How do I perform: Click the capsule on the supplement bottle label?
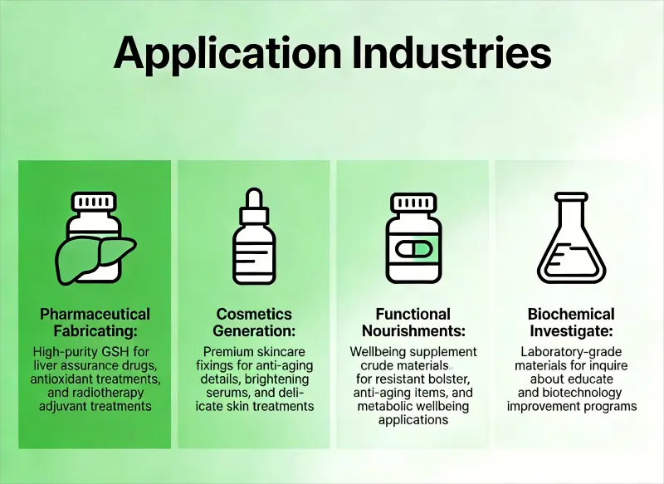413,248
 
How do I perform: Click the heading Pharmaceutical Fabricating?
95,322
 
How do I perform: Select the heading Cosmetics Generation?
254,322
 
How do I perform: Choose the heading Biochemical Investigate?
571,322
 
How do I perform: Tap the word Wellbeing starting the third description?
378,352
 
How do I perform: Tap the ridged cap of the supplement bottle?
413,202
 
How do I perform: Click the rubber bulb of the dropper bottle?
254,198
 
